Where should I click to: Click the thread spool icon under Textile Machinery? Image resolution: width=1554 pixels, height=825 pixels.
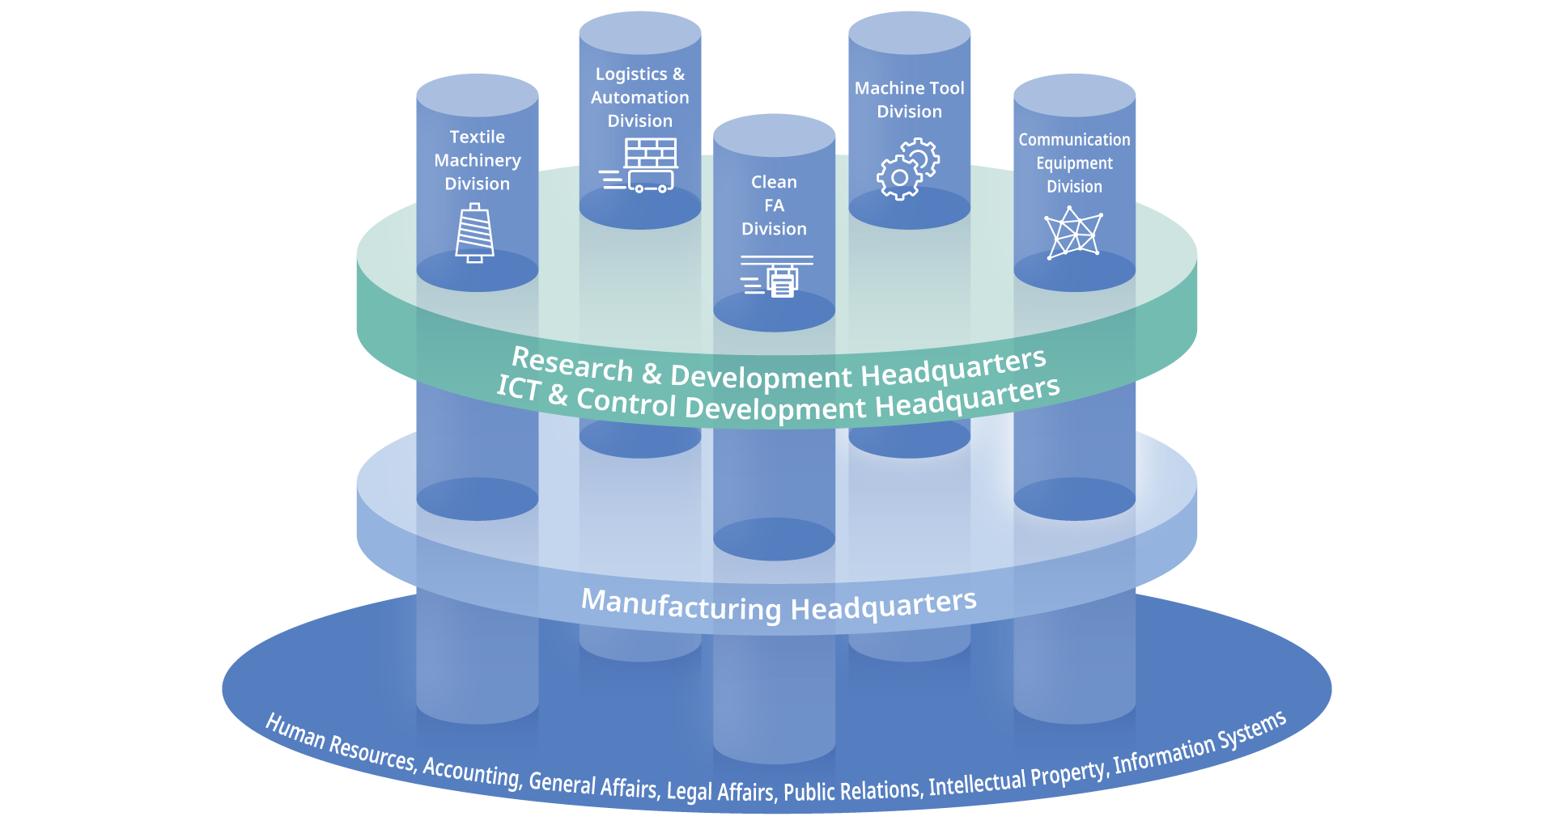coord(475,234)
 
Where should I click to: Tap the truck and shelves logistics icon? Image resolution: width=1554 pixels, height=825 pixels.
coord(639,165)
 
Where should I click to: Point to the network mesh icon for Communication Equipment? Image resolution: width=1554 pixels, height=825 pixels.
coord(1073,233)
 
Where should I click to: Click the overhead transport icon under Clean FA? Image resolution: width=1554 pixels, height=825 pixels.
coord(775,276)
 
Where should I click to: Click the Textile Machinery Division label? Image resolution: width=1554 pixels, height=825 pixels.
coord(478,160)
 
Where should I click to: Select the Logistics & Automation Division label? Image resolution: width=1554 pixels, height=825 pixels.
coord(640,98)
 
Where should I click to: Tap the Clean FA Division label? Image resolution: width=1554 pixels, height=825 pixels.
coord(775,205)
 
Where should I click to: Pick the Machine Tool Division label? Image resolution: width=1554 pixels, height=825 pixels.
coord(910,99)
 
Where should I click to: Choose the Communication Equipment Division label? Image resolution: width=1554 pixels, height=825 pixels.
coord(1074,163)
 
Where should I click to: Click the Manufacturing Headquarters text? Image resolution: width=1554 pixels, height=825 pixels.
coord(779,606)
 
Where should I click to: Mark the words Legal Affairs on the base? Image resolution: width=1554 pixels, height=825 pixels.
coord(720,791)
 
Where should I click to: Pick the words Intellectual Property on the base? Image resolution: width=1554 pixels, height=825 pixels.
coord(1017,778)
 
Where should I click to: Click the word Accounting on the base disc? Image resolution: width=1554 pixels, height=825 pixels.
coord(471,771)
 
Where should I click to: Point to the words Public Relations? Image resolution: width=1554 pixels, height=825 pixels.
coord(852,790)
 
